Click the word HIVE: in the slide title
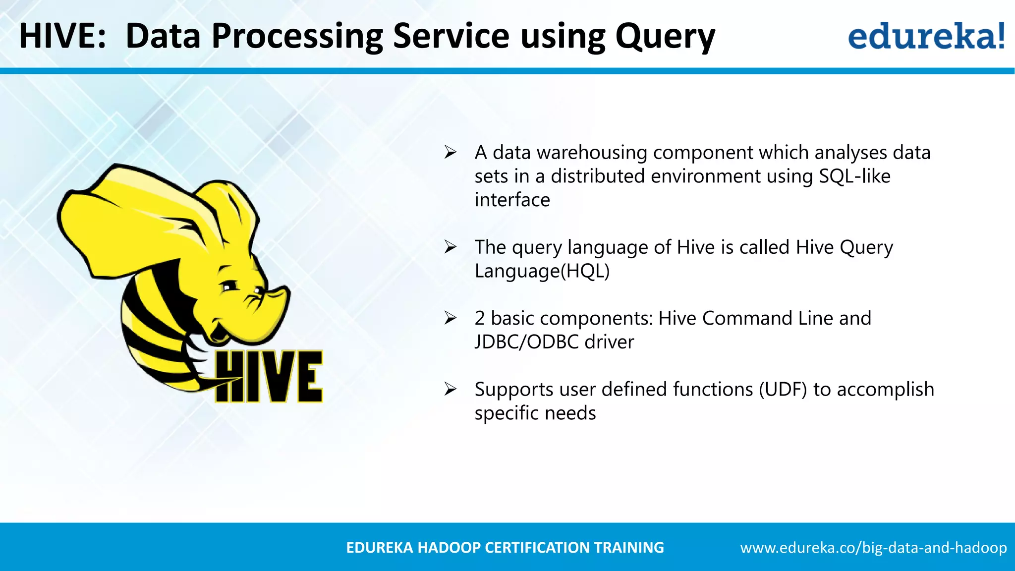[x=62, y=36]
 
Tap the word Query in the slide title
[x=665, y=38]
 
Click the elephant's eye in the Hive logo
[x=228, y=286]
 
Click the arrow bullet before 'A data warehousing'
[x=450, y=152]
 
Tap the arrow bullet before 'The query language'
[x=450, y=246]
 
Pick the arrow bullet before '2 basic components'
[x=450, y=318]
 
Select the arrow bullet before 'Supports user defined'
[x=450, y=389]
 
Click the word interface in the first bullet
[x=512, y=200]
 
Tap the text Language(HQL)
[x=542, y=271]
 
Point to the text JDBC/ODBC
[x=526, y=342]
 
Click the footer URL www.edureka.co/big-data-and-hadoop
[x=873, y=548]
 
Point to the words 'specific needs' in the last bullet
[x=535, y=413]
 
